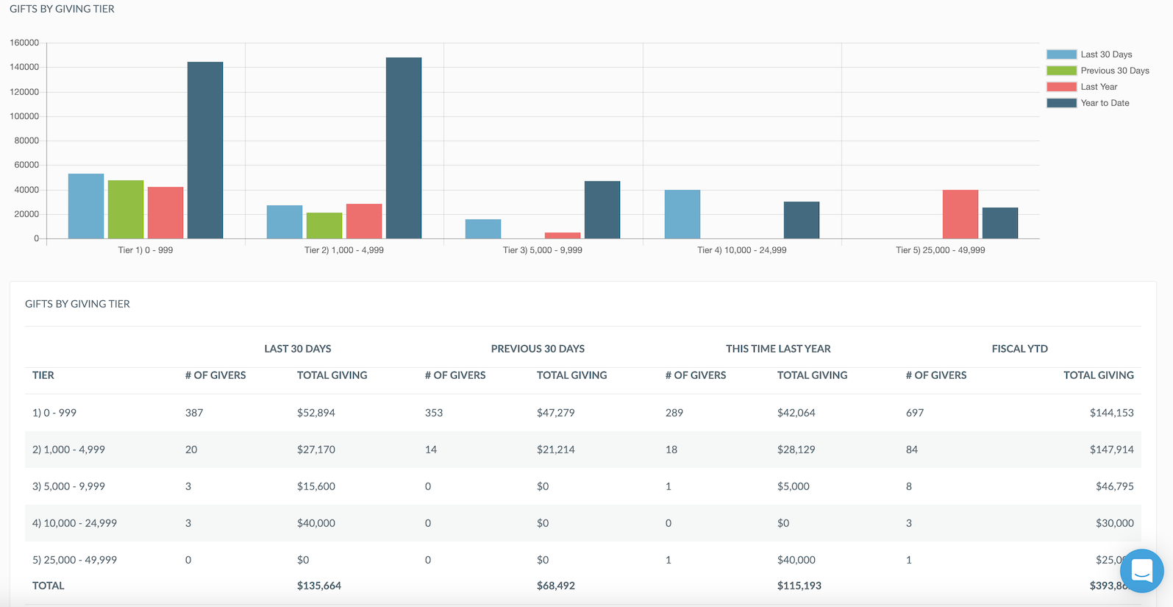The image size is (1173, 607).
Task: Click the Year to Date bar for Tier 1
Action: [x=205, y=150]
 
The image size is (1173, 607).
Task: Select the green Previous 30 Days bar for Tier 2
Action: [x=324, y=226]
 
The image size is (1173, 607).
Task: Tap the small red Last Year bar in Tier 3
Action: [x=563, y=235]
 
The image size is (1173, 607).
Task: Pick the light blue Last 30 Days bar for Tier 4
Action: [x=682, y=214]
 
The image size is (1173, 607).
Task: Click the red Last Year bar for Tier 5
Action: [x=960, y=214]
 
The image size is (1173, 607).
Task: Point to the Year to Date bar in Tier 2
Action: [x=404, y=148]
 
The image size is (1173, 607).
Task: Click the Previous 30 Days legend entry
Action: [x=1098, y=71]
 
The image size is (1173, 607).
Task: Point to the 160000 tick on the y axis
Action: [x=24, y=43]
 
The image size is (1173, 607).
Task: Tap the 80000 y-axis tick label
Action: [x=26, y=141]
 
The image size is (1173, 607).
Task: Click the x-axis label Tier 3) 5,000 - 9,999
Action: [x=542, y=250]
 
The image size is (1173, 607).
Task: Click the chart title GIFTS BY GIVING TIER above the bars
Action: [x=62, y=9]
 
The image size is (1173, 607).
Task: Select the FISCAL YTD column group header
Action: [x=1019, y=349]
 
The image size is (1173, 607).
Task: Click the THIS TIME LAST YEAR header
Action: [x=778, y=349]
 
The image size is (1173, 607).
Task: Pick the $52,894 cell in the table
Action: [x=316, y=413]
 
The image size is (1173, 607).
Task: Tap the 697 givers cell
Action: [x=915, y=413]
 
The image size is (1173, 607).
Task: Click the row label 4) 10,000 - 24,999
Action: [x=74, y=523]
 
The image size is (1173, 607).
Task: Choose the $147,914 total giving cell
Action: [x=1111, y=450]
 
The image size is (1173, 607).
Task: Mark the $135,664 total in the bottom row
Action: [x=319, y=586]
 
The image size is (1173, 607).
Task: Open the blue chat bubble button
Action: [x=1141, y=571]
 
